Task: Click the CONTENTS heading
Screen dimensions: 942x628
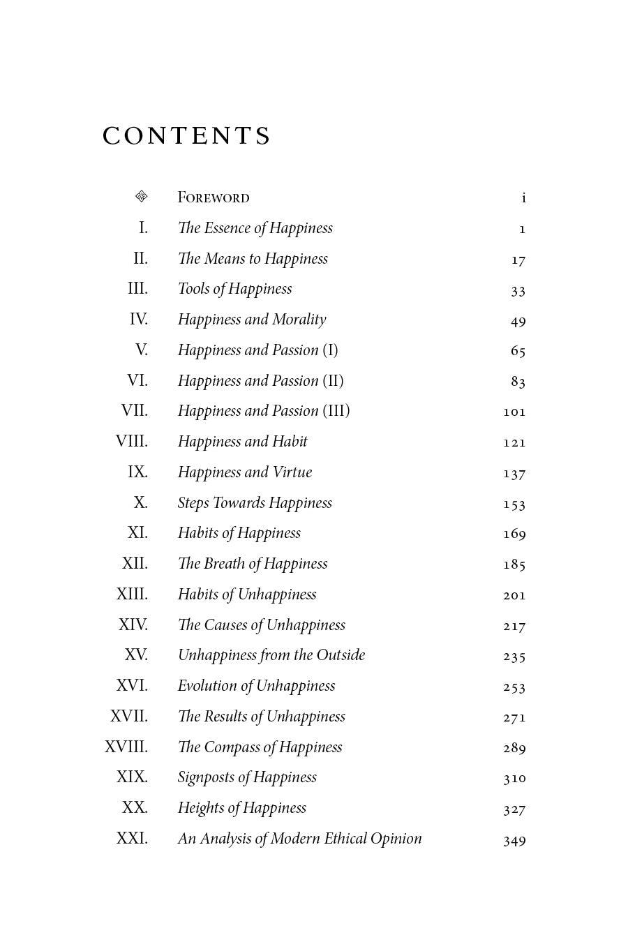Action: pyautogui.click(x=186, y=136)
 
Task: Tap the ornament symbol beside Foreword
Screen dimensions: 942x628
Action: pyautogui.click(x=142, y=197)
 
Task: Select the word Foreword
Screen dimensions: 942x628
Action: pyautogui.click(x=214, y=197)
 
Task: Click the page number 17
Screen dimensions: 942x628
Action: pyautogui.click(x=518, y=260)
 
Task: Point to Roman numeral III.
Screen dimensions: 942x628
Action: pyautogui.click(x=137, y=289)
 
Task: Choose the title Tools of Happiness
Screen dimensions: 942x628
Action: pyautogui.click(x=234, y=289)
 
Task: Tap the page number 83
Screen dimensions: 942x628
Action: pyautogui.click(x=518, y=381)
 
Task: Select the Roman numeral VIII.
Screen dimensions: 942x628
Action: pyautogui.click(x=132, y=442)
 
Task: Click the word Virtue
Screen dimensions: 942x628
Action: pyautogui.click(x=292, y=472)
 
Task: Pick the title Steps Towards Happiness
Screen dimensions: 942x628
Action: pyautogui.click(x=255, y=503)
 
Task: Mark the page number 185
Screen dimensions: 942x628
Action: pyautogui.click(x=514, y=564)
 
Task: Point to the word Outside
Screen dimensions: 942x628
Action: pyautogui.click(x=341, y=655)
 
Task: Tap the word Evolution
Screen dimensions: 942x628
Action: pyautogui.click(x=207, y=686)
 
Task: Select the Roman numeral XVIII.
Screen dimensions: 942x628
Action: pyautogui.click(x=126, y=747)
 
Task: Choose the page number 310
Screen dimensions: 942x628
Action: pyautogui.click(x=514, y=778)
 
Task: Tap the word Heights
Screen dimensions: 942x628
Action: pyautogui.click(x=201, y=808)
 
